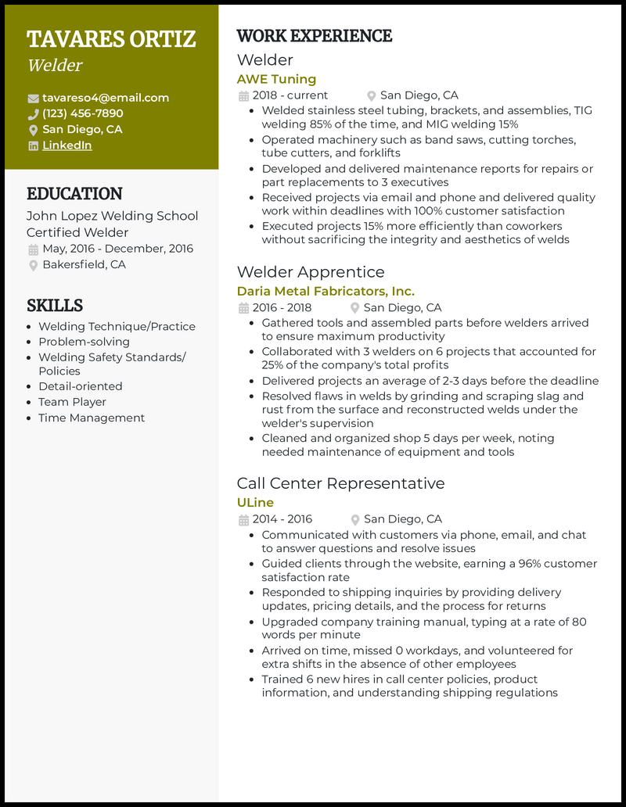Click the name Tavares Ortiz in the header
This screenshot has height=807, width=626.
point(111,38)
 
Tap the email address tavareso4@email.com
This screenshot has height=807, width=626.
point(106,98)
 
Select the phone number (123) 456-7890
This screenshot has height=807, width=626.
point(82,113)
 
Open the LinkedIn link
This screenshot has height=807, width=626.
point(67,145)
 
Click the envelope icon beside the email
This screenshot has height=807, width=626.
point(33,99)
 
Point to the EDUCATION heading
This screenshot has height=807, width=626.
point(74,194)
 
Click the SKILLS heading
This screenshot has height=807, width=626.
point(55,305)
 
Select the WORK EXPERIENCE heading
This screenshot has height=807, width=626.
point(314,36)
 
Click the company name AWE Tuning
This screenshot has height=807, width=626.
point(276,79)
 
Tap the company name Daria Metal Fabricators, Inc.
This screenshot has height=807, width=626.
point(326,291)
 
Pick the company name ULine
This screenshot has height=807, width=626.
point(255,502)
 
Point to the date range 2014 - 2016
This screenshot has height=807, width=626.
point(282,519)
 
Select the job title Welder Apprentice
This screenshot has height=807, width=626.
point(311,272)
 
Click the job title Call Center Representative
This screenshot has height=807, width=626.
point(340,483)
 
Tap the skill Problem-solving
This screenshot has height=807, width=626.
point(84,342)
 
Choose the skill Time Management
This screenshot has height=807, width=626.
point(92,418)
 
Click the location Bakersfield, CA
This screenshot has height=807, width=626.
point(84,265)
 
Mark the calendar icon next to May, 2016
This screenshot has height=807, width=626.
point(33,249)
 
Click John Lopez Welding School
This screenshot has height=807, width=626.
point(112,216)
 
